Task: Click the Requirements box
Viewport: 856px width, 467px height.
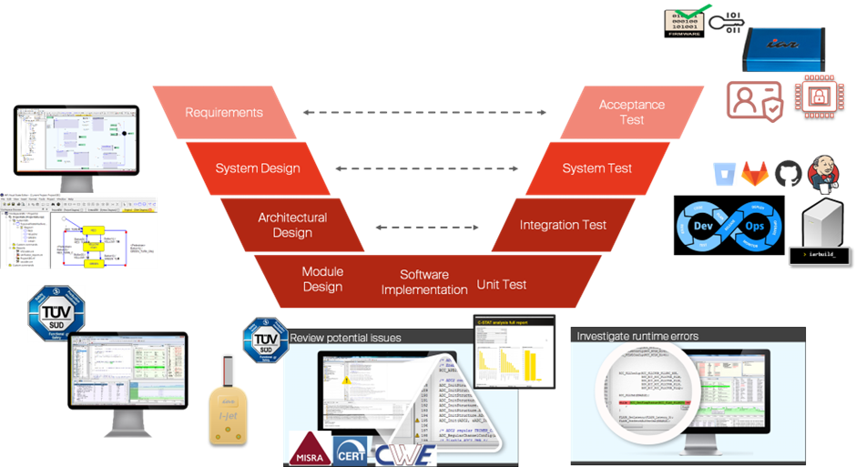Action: coord(223,113)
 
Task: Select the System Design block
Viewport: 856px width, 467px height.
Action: coord(257,168)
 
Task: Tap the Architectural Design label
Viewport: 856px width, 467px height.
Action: coord(291,225)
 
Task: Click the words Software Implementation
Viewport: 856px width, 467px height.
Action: coord(424,282)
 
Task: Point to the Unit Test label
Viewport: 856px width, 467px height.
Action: coord(502,284)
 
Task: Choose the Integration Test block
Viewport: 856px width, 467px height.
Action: coord(563,225)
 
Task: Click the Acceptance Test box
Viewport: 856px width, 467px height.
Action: coord(631,112)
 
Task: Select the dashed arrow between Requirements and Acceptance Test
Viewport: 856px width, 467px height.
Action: coord(425,113)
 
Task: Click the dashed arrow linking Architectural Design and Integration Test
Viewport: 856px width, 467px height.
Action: coord(425,226)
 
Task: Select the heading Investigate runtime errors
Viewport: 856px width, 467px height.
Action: coord(637,336)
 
